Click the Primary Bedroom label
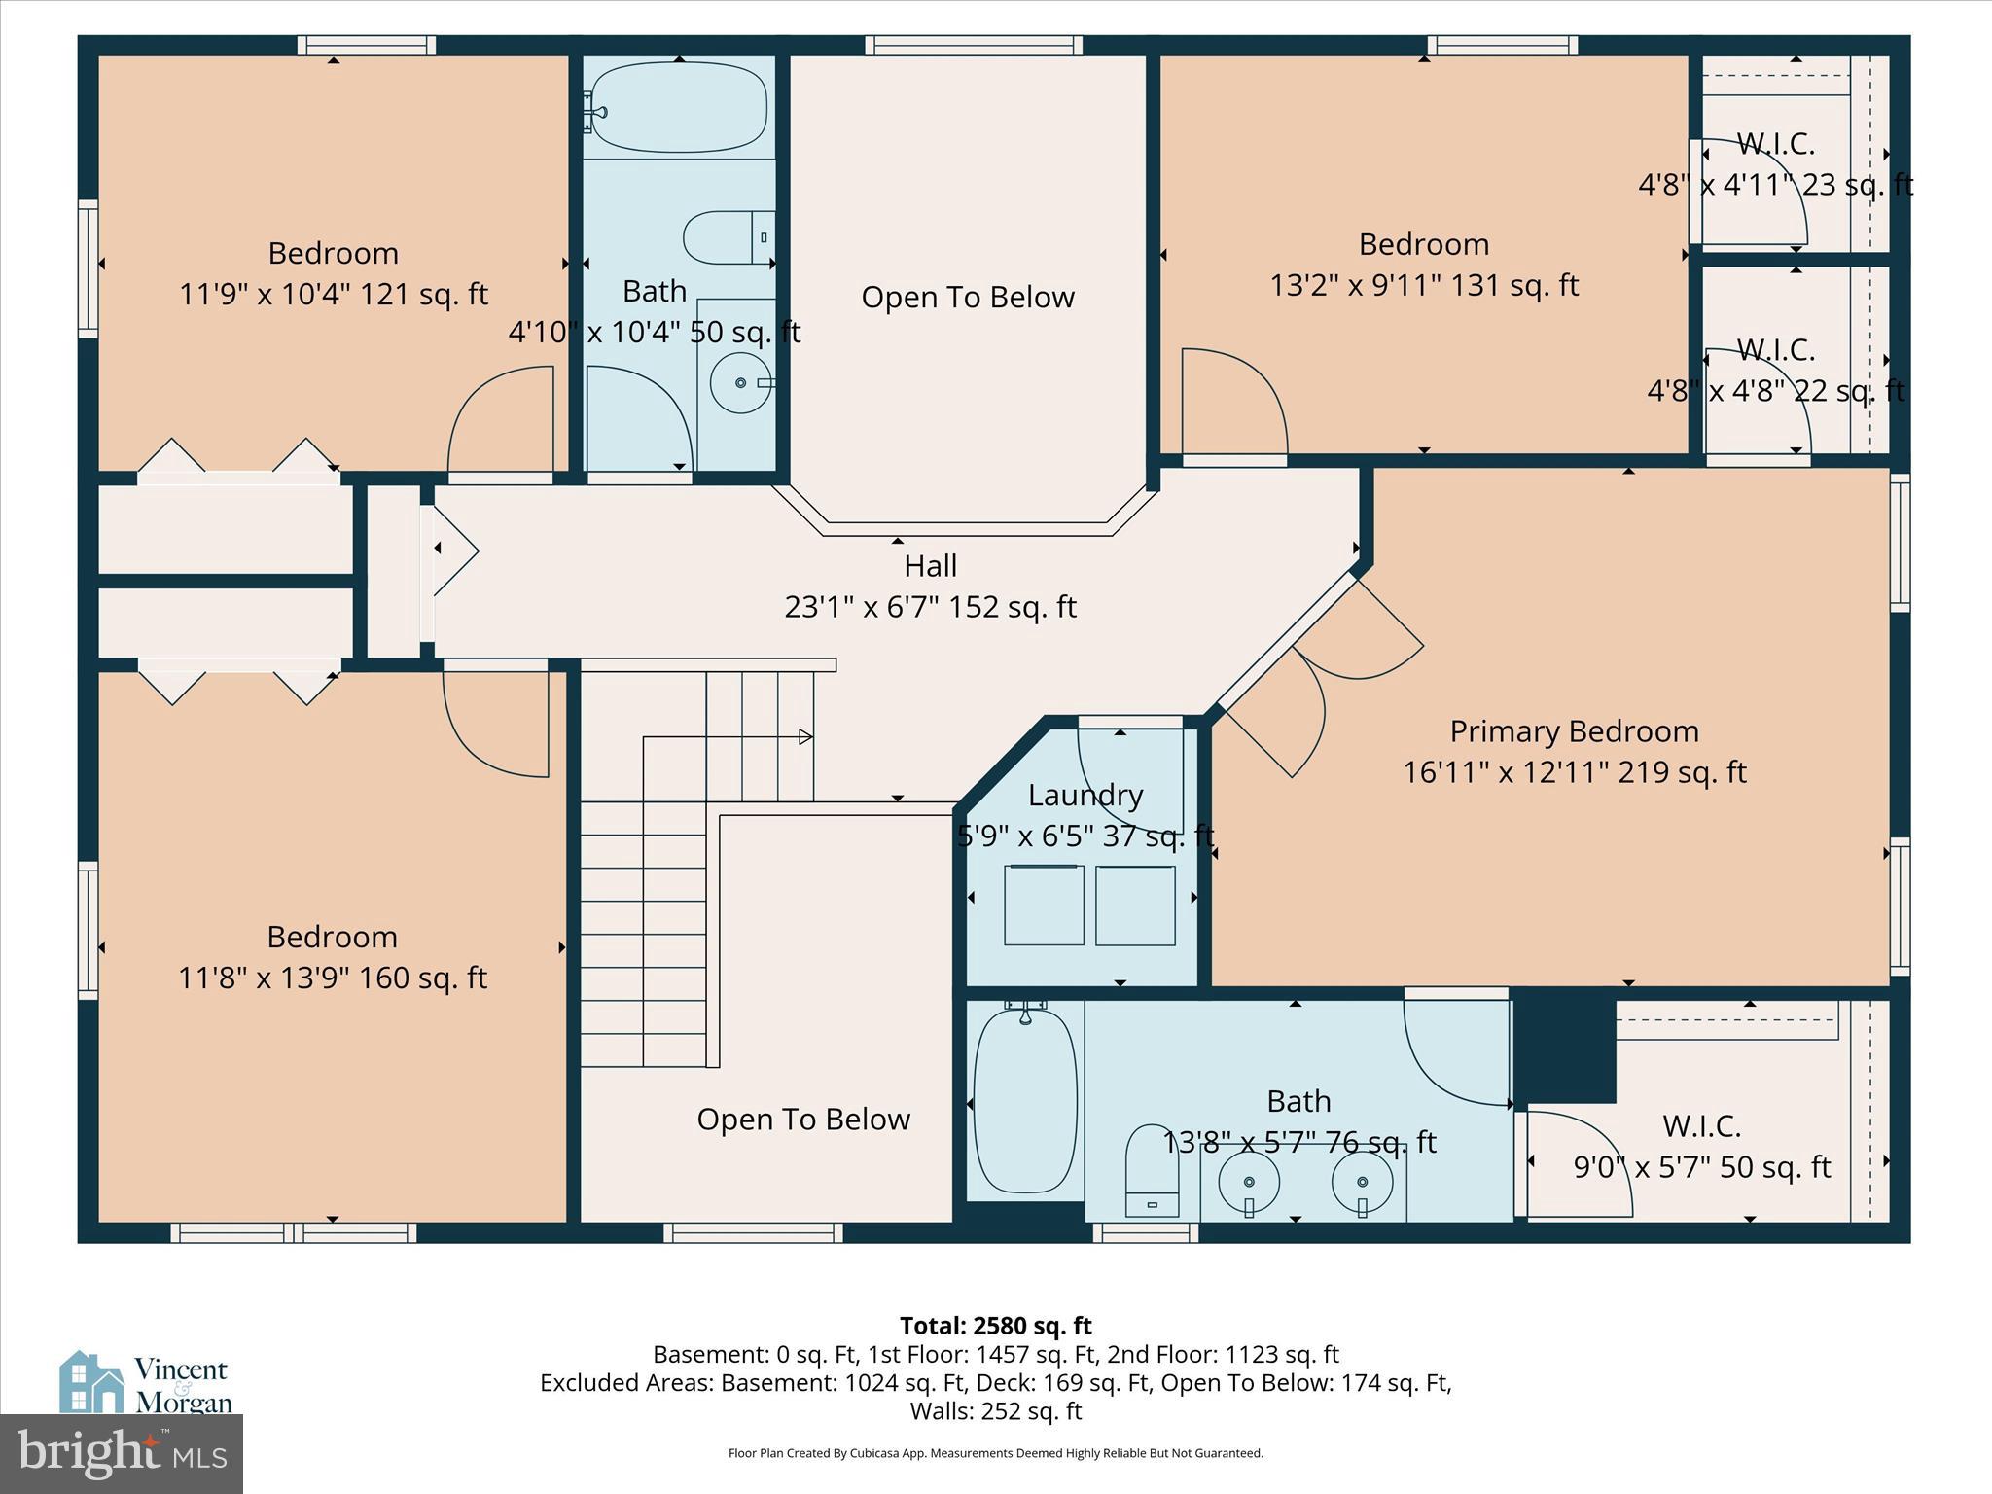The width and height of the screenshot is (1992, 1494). click(x=1574, y=731)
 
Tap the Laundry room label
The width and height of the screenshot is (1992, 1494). click(x=1085, y=795)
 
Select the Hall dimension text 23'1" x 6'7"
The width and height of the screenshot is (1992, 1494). click(x=930, y=607)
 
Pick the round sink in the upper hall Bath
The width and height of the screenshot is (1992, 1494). click(x=741, y=383)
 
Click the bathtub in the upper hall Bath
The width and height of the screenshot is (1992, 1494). click(x=678, y=107)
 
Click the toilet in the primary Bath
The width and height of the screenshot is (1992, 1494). click(x=1152, y=1172)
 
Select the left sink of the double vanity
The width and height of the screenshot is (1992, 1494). click(x=1249, y=1182)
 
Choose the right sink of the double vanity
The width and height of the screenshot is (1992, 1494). click(x=1362, y=1182)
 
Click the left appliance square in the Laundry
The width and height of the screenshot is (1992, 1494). click(x=1044, y=905)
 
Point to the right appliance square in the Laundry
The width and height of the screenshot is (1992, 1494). click(x=1135, y=906)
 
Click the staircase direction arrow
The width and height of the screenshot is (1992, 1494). click(x=805, y=736)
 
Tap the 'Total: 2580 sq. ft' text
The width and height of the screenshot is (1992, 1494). click(x=995, y=1326)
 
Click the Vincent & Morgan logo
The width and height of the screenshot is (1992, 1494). click(x=146, y=1383)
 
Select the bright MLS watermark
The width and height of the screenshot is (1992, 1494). click(x=122, y=1453)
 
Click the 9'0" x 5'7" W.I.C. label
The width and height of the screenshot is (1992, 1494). click(x=1701, y=1166)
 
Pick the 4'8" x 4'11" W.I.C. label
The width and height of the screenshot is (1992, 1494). click(x=1775, y=185)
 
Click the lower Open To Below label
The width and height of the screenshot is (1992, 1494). click(x=803, y=1119)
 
